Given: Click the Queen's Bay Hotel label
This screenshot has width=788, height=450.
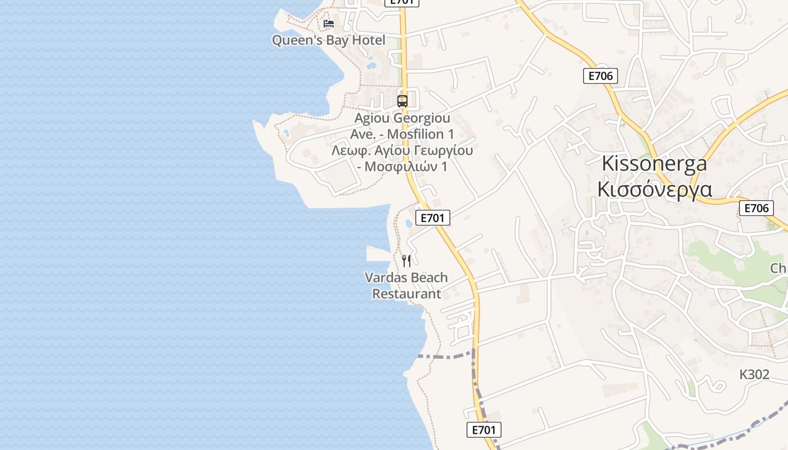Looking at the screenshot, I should tap(329, 40).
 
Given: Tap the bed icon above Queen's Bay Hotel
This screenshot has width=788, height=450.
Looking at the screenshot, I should tap(329, 24).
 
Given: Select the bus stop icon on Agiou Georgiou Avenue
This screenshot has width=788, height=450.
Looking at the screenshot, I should tap(402, 101).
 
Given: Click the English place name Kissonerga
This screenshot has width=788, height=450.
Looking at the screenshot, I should tap(654, 164).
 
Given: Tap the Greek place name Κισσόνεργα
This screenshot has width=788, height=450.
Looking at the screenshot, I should tap(654, 189).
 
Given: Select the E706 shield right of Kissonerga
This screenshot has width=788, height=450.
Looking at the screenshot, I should tap(756, 208).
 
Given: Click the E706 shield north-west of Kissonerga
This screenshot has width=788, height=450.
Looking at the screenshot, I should tap(601, 76).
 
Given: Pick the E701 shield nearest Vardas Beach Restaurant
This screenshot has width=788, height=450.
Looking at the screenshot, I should tap(432, 218).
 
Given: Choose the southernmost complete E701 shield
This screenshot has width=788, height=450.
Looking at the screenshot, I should tap(484, 430).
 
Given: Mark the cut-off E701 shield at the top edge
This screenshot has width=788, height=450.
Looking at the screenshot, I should tap(402, 2).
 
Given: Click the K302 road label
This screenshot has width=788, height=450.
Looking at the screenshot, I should tap(754, 375).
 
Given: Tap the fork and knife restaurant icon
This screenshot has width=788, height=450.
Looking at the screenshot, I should tap(407, 261).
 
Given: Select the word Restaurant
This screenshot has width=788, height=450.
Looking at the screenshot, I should tap(406, 294).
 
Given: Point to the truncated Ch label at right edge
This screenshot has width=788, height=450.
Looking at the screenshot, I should tap(778, 268).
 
